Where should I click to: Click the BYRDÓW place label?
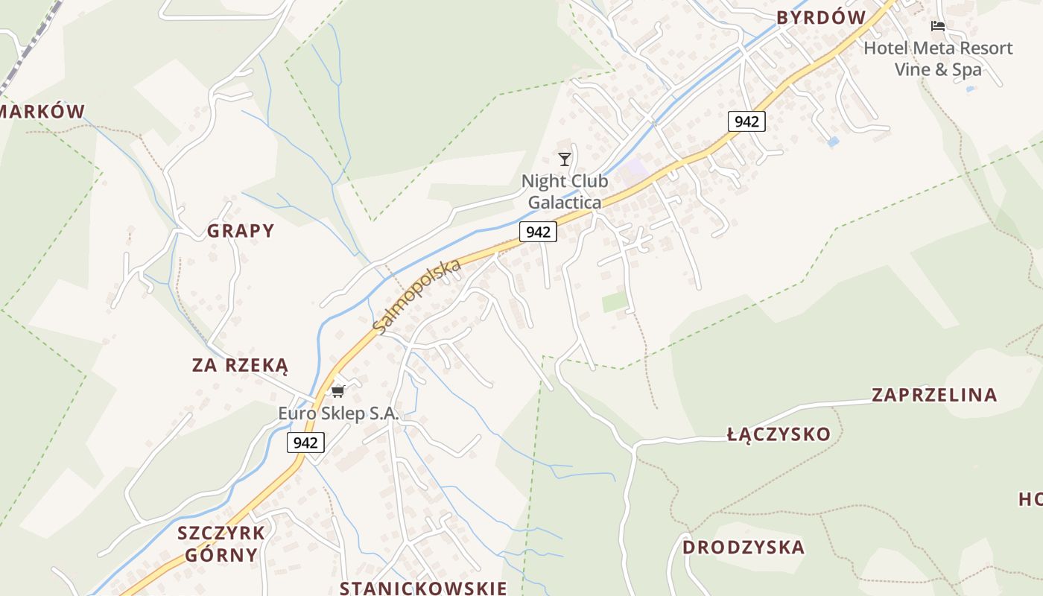pyautogui.click(x=821, y=18)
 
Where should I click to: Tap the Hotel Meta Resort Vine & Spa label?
pyautogui.click(x=938, y=59)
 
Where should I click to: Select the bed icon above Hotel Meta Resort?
pyautogui.click(x=938, y=26)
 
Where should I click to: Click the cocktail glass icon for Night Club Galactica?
pyautogui.click(x=565, y=159)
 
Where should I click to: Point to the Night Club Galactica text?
pyautogui.click(x=565, y=191)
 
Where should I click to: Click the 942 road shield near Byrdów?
pyautogui.click(x=746, y=121)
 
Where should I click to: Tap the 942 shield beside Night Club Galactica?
pyautogui.click(x=538, y=232)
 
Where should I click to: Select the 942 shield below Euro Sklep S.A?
pyautogui.click(x=305, y=443)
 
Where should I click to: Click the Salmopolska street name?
pyautogui.click(x=417, y=296)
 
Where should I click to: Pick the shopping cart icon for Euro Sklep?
pyautogui.click(x=338, y=391)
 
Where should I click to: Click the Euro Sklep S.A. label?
pyautogui.click(x=339, y=413)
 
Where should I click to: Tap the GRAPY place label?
pyautogui.click(x=241, y=231)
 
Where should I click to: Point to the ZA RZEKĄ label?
pyautogui.click(x=240, y=365)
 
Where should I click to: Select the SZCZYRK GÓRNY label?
pyautogui.click(x=221, y=544)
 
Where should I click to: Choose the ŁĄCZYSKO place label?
pyautogui.click(x=779, y=434)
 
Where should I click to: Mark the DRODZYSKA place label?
pyautogui.click(x=744, y=548)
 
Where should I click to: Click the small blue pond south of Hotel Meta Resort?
pyautogui.click(x=833, y=141)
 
